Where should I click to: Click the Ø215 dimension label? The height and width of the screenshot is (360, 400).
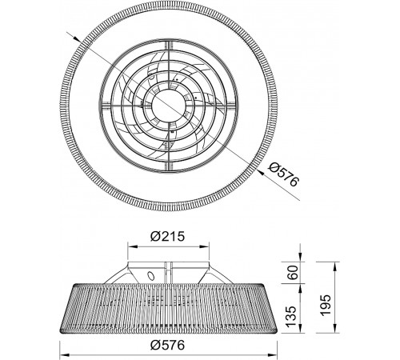coord(167,236)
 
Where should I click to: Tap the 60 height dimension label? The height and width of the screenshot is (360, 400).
coord(294,272)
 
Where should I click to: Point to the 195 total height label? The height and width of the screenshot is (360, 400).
coord(325,306)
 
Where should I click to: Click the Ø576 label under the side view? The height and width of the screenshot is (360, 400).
coord(167,346)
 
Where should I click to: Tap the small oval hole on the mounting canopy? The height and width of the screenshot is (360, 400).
coord(150,275)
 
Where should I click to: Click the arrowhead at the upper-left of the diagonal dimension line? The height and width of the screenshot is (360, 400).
coord(77,39)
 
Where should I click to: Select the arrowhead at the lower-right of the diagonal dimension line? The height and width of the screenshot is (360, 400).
coord(262,173)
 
